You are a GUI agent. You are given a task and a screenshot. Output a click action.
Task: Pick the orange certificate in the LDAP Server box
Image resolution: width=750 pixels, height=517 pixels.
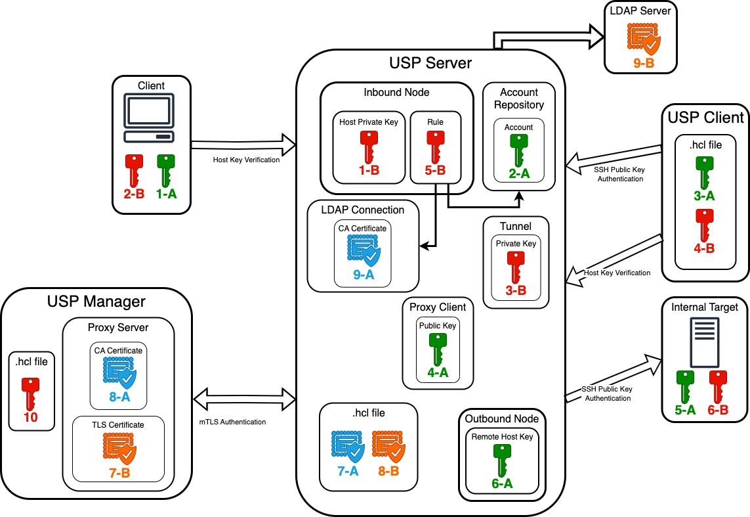tap(643, 40)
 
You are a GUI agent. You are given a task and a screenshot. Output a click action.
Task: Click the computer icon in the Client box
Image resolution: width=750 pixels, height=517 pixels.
tap(151, 119)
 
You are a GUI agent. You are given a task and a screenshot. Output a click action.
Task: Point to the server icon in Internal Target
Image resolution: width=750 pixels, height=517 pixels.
tap(701, 341)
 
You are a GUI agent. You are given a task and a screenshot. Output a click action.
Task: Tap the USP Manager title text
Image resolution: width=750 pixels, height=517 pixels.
tap(96, 302)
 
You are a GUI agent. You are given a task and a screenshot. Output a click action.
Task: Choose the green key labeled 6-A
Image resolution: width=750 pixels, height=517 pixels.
tap(501, 459)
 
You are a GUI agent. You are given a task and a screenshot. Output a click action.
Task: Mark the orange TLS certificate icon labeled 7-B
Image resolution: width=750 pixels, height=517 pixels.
tap(119, 448)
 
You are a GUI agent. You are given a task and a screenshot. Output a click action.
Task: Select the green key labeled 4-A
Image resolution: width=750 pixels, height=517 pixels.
tap(438, 349)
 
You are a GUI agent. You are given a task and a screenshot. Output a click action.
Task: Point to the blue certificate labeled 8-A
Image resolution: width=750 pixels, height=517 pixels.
tap(119, 374)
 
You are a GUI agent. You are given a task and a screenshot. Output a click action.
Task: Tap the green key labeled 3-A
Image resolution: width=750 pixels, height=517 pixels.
tap(704, 171)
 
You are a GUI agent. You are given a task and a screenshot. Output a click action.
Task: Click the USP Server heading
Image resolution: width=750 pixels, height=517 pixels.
tap(430, 63)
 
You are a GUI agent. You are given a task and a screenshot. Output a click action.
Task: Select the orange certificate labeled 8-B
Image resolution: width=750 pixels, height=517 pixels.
tap(388, 446)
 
